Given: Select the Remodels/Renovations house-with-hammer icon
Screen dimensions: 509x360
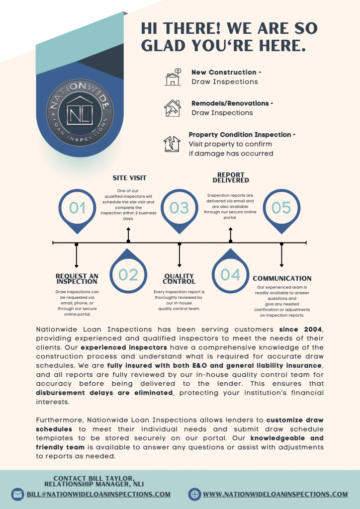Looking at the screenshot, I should pyautogui.click(x=173, y=108).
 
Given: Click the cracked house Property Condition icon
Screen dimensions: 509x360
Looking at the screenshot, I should pyautogui.click(x=172, y=144).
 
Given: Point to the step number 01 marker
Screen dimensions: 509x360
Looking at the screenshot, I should pyautogui.click(x=77, y=208).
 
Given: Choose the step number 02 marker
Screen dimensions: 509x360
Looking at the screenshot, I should pyautogui.click(x=128, y=274).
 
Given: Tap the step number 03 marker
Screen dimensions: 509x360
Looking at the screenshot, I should pyautogui.click(x=180, y=208).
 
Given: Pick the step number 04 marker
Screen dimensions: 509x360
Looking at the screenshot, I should pyautogui.click(x=230, y=274).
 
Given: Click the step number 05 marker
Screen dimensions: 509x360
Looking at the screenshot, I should pyautogui.click(x=281, y=208).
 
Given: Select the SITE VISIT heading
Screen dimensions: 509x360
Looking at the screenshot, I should pyautogui.click(x=129, y=177).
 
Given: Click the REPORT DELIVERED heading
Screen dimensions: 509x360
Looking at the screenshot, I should pyautogui.click(x=231, y=177).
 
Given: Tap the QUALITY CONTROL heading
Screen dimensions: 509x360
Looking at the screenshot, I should pyautogui.click(x=179, y=279).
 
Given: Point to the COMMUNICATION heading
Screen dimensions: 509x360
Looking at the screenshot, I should pyautogui.click(x=282, y=278).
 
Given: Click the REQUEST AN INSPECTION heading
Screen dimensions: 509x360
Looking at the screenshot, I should pyautogui.click(x=77, y=279).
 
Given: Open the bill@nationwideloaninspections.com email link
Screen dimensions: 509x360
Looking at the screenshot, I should pyautogui.click(x=98, y=494).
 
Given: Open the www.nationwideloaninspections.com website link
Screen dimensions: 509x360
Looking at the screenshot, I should pyautogui.click(x=275, y=494).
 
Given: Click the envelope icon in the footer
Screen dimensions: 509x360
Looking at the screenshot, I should pyautogui.click(x=18, y=494).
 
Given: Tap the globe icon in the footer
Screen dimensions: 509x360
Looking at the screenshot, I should pyautogui.click(x=195, y=494).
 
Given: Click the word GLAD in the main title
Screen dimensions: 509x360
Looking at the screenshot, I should pyautogui.click(x=164, y=46).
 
